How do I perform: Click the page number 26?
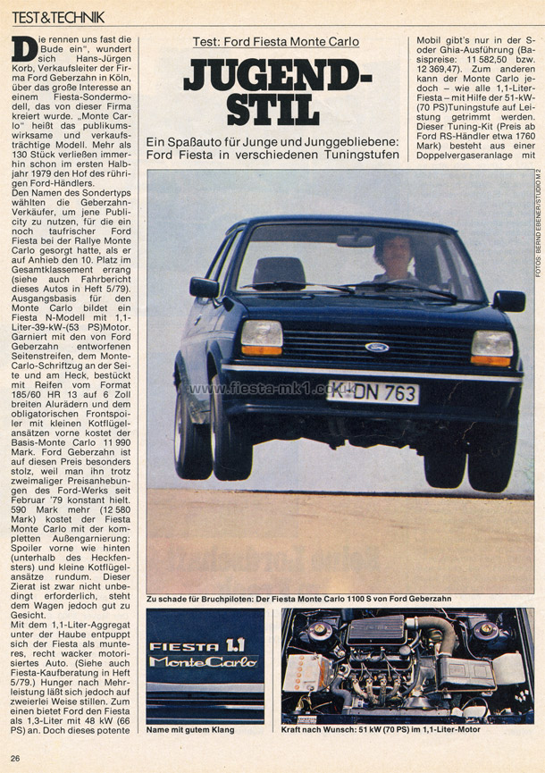(16, 760)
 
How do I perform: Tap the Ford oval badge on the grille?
(376, 347)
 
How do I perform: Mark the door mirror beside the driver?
(203, 287)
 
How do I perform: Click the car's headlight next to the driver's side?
(261, 336)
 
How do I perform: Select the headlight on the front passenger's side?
(492, 346)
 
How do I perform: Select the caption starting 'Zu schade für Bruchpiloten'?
(341, 598)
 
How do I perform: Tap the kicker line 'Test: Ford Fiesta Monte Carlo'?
(276, 41)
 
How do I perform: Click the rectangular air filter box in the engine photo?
(375, 633)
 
